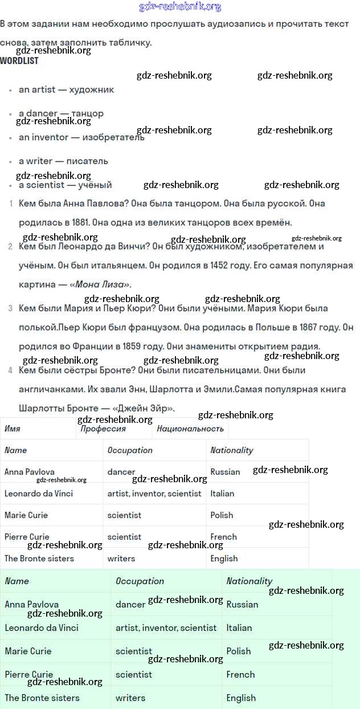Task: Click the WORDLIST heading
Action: pos(19,60)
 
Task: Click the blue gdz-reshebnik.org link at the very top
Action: pos(180,7)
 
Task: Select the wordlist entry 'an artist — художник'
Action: pos(66,89)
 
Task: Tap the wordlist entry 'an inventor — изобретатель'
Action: pos(81,137)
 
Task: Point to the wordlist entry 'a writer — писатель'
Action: pos(63,161)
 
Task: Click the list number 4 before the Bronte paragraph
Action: pos(10,370)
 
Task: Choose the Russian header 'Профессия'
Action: pos(103,429)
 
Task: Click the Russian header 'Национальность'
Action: pos(190,429)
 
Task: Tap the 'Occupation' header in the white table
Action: pos(130,450)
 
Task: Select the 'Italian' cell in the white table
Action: pos(222,494)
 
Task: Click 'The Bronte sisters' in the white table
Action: pos(39,559)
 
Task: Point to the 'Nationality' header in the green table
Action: pos(249,581)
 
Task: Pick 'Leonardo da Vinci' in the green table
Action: pos(42,627)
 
